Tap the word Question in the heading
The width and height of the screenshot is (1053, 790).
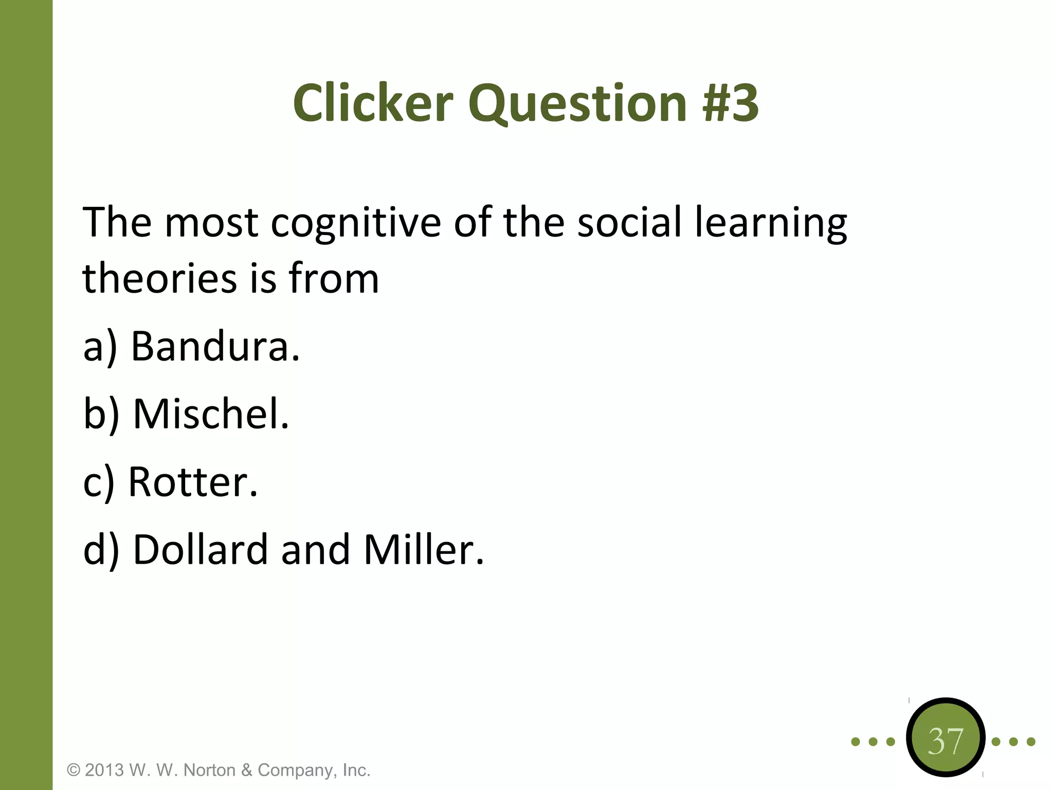click(x=577, y=104)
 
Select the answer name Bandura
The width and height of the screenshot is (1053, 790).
click(x=215, y=346)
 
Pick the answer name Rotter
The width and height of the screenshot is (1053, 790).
click(x=193, y=482)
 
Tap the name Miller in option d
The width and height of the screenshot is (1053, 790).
click(x=424, y=549)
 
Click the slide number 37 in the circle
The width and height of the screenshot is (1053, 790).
click(x=946, y=741)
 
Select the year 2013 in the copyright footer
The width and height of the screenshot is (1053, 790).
click(x=104, y=770)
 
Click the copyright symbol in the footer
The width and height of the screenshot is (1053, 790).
click(x=74, y=770)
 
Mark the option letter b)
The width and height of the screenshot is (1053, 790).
click(x=101, y=415)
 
